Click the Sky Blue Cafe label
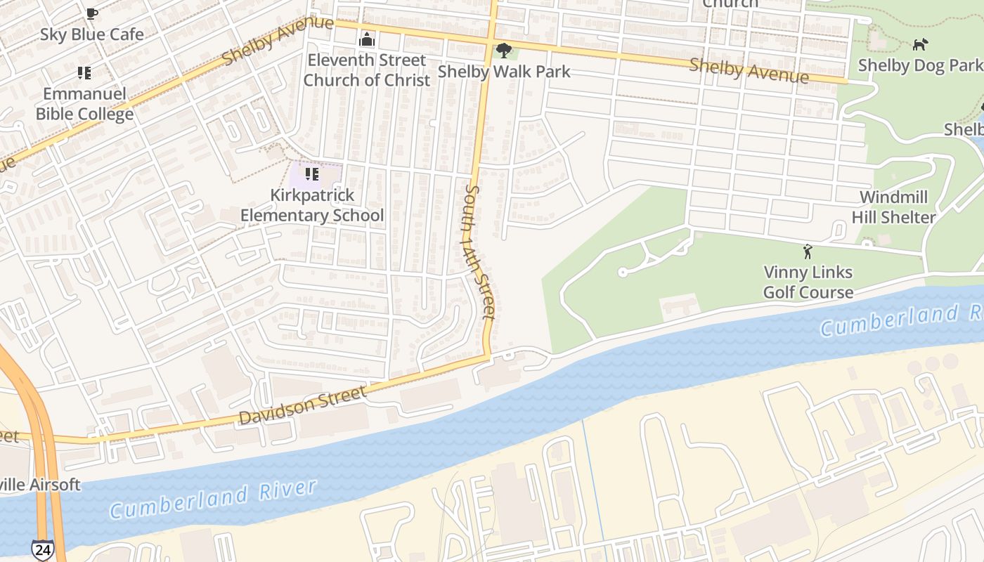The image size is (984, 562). tap(91, 34)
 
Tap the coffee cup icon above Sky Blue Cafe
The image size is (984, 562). tap(91, 13)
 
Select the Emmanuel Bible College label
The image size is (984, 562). tap(84, 104)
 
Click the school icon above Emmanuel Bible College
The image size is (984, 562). tap(84, 72)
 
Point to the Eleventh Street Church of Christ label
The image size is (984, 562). tap(366, 70)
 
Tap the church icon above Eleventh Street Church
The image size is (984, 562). tap(367, 40)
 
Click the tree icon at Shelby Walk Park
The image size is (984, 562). tap(503, 51)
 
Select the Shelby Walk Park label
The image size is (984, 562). tap(504, 72)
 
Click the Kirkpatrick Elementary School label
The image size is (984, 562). tap(312, 205)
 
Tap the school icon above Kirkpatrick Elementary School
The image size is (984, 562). tap(312, 174)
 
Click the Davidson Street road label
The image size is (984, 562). tap(303, 406)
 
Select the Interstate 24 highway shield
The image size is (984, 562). tap(41, 549)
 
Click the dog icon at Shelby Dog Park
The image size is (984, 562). tap(919, 45)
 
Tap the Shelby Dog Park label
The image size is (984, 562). tap(919, 65)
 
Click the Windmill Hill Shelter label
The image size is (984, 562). tap(893, 207)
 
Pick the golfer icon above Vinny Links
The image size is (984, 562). tap(808, 251)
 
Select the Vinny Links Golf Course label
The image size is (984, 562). tap(808, 282)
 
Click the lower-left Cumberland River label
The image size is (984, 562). tap(213, 499)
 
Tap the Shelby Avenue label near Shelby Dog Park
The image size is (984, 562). tap(749, 70)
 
